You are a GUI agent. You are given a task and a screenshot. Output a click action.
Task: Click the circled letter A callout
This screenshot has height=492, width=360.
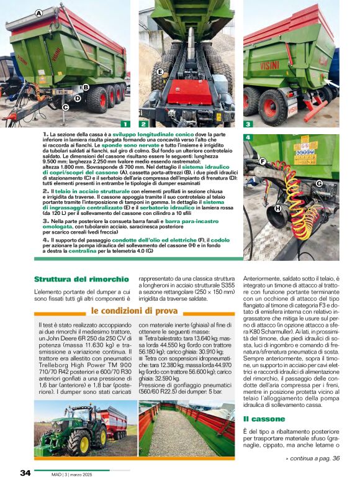[39, 13]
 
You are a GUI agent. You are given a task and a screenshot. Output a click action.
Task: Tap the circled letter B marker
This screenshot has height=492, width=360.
[86, 88]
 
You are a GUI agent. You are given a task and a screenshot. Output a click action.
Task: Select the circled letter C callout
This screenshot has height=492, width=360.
[65, 107]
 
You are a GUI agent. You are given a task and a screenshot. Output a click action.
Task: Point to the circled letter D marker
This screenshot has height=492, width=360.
[78, 98]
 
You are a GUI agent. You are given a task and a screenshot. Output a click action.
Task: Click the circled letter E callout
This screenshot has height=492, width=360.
[160, 73]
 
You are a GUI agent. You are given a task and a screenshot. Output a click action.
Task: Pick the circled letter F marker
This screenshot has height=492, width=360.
[263, 162]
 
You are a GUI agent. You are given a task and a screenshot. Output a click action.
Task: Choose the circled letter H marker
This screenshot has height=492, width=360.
[277, 208]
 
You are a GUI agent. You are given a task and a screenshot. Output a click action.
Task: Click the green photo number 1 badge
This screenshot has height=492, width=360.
[125, 124]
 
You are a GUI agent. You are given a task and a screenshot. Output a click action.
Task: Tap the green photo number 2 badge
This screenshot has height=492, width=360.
[143, 124]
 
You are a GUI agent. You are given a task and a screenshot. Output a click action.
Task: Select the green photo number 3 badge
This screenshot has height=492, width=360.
[248, 124]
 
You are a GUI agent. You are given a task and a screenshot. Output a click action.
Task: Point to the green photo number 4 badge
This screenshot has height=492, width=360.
[248, 137]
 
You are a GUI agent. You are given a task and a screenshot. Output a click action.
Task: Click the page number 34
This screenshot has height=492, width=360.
[25, 473]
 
